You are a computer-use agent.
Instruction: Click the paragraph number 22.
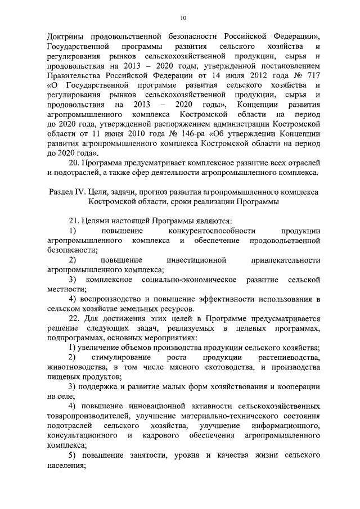coord(73,319)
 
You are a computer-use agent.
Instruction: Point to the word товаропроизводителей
coord(89,416)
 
